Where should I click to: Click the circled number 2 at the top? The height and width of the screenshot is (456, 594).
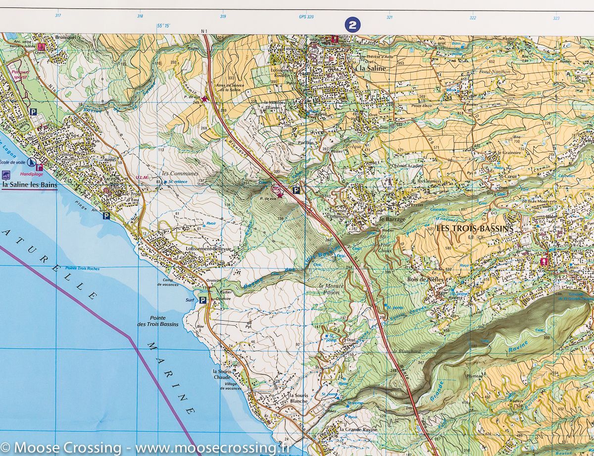(x=352, y=25)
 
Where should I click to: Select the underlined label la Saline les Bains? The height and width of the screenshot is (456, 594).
(x=30, y=185)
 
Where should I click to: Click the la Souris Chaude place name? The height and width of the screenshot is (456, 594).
(x=222, y=374)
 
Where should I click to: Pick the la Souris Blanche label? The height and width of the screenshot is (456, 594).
(x=298, y=398)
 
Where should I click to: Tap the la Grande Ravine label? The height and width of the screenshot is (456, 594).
(x=358, y=429)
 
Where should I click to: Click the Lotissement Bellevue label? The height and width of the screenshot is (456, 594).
(x=208, y=248)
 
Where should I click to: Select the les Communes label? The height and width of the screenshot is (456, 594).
(x=180, y=174)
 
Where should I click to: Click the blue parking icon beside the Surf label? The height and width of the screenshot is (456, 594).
(x=203, y=300)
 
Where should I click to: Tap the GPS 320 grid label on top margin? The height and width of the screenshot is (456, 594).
(x=306, y=17)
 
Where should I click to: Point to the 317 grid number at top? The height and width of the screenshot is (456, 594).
(x=58, y=16)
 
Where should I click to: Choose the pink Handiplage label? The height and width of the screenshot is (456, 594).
(x=31, y=174)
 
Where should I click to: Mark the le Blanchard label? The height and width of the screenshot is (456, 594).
(x=406, y=351)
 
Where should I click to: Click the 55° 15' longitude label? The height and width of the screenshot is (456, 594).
(x=163, y=25)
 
